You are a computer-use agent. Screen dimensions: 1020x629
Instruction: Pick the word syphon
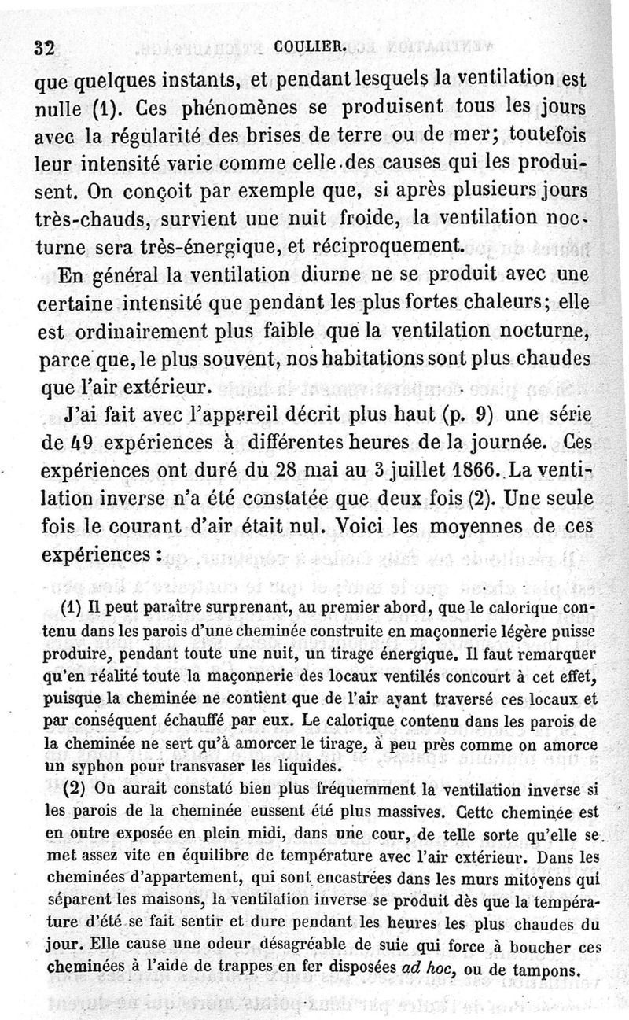pos(111,764)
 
